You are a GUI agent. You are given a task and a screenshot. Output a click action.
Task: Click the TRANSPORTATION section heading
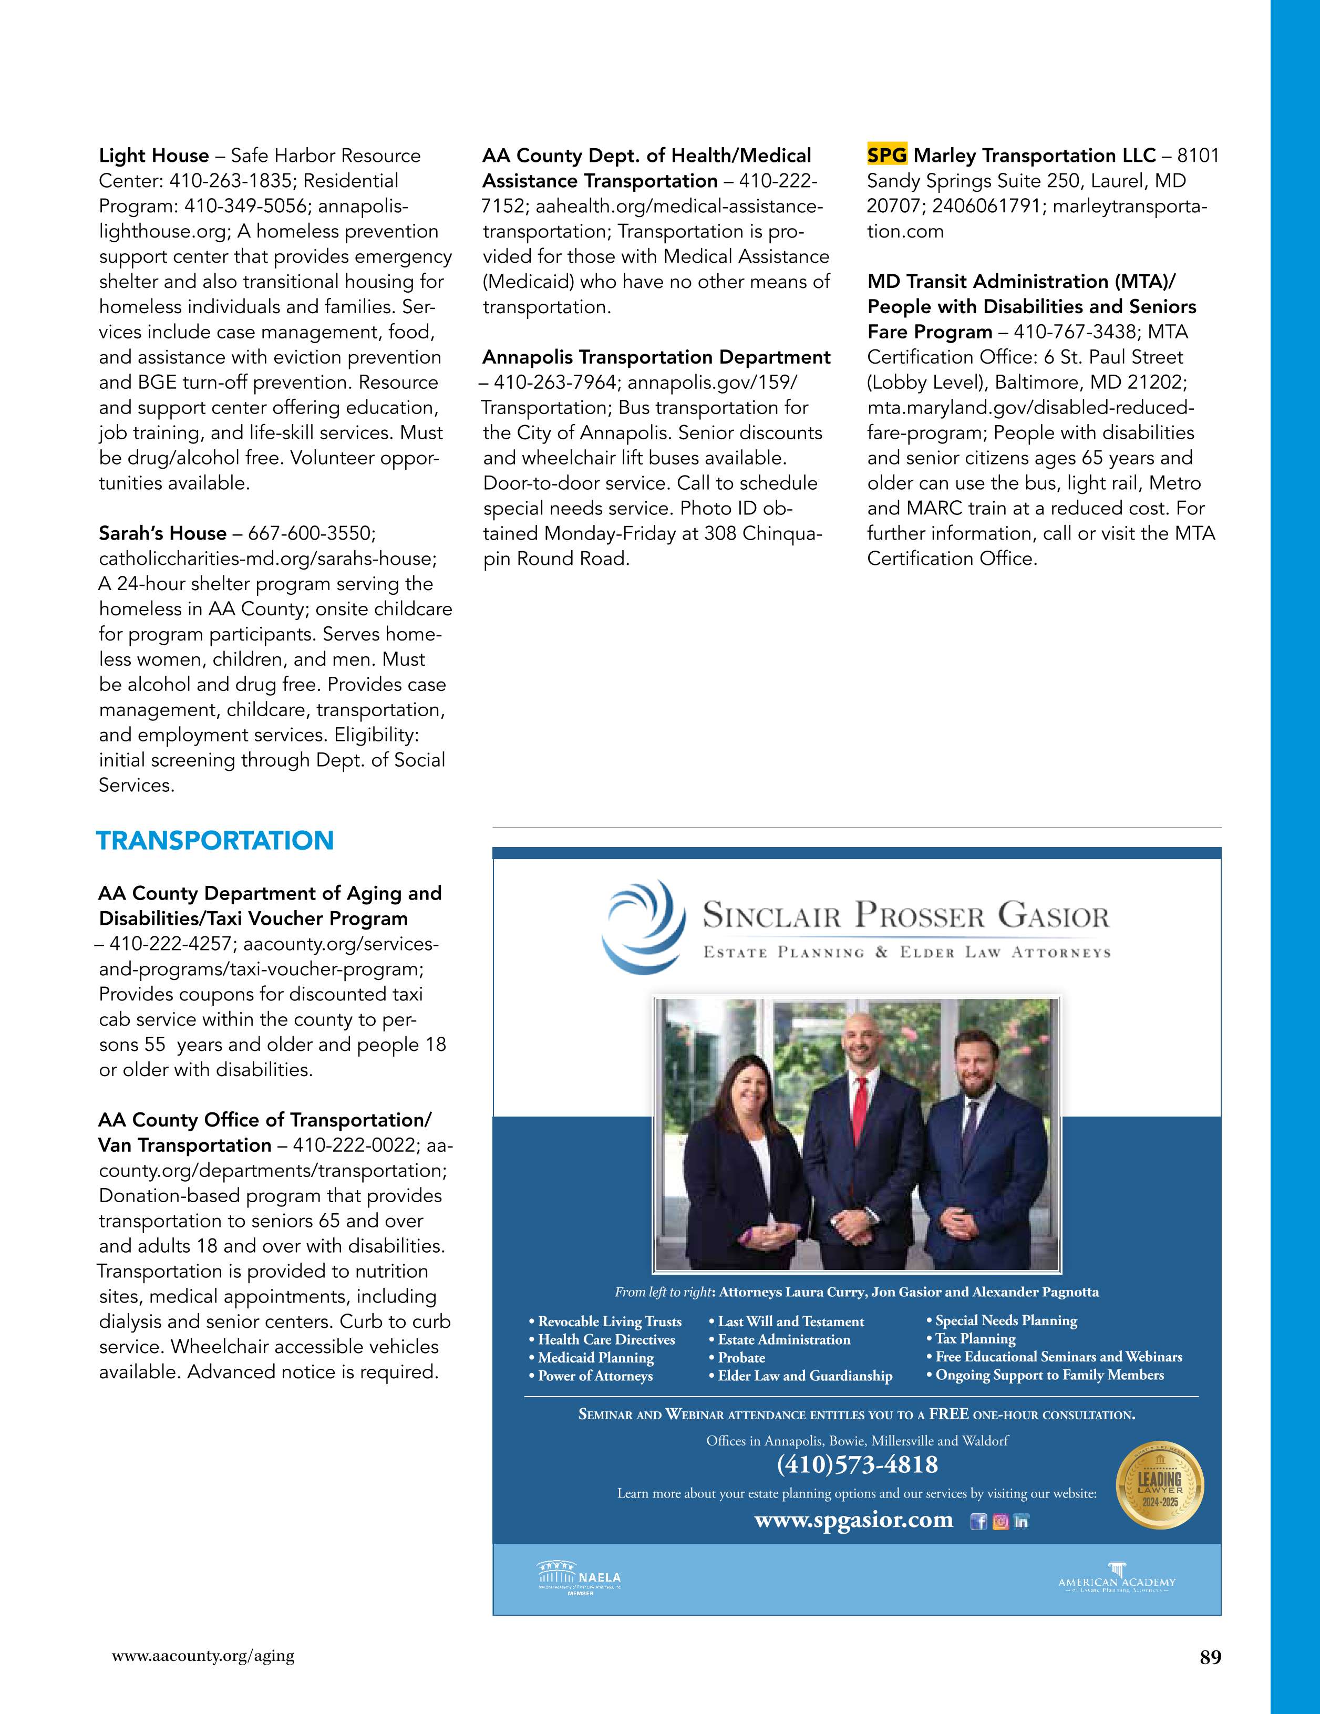214,841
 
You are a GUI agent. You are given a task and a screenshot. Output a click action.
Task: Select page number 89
1210,1657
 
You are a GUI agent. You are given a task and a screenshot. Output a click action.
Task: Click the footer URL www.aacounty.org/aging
203,1656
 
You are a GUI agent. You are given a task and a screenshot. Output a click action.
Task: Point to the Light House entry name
154,156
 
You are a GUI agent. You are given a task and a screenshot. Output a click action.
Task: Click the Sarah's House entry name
162,534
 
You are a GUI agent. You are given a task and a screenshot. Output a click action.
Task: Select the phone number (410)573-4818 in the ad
857,1464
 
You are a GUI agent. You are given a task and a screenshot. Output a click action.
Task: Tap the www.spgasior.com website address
853,1520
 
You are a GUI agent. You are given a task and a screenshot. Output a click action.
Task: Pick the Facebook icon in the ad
978,1522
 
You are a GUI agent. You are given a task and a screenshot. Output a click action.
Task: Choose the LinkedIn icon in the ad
1020,1522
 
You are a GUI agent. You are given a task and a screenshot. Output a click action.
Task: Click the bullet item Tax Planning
975,1339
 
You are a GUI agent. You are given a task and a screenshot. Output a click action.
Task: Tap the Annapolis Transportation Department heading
656,358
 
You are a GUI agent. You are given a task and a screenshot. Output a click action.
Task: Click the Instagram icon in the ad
1001,1522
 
